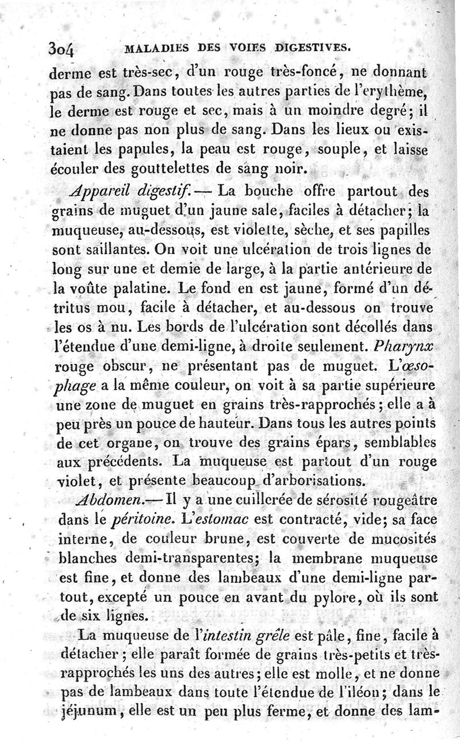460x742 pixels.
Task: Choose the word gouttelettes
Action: [171, 170]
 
